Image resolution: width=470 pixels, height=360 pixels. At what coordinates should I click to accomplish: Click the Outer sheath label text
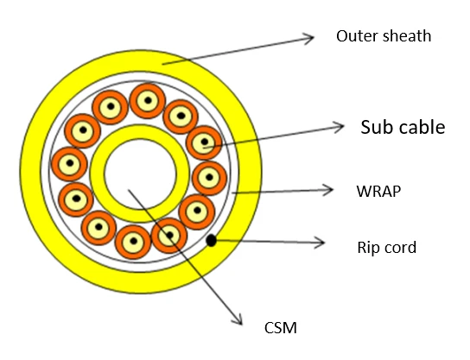point(384,36)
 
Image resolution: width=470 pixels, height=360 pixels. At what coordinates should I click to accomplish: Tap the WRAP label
point(378,191)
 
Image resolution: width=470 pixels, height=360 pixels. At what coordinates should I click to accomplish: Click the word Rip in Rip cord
point(368,248)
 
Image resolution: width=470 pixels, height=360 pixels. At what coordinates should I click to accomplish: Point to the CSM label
point(281,328)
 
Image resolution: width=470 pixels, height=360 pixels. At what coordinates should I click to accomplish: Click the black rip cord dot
point(212,240)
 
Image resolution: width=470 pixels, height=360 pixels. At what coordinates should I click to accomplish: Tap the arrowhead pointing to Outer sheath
point(308,38)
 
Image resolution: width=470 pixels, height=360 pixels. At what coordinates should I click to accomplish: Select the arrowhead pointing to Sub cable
point(339,127)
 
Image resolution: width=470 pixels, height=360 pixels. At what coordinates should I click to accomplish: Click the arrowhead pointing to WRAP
point(328,190)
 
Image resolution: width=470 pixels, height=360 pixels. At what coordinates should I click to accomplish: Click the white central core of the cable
point(141,174)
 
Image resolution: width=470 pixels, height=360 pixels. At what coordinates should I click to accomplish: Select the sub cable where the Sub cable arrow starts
point(204,142)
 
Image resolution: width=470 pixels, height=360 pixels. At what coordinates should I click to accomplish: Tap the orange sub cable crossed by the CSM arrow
point(169,235)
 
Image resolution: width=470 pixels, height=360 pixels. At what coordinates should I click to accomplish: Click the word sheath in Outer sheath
point(407,36)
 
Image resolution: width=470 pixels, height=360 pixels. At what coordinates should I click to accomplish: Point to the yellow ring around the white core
point(98,174)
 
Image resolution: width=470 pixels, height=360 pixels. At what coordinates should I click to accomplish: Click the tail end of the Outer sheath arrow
point(162,64)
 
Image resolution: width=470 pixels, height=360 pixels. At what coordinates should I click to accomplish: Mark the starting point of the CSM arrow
point(128,189)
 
